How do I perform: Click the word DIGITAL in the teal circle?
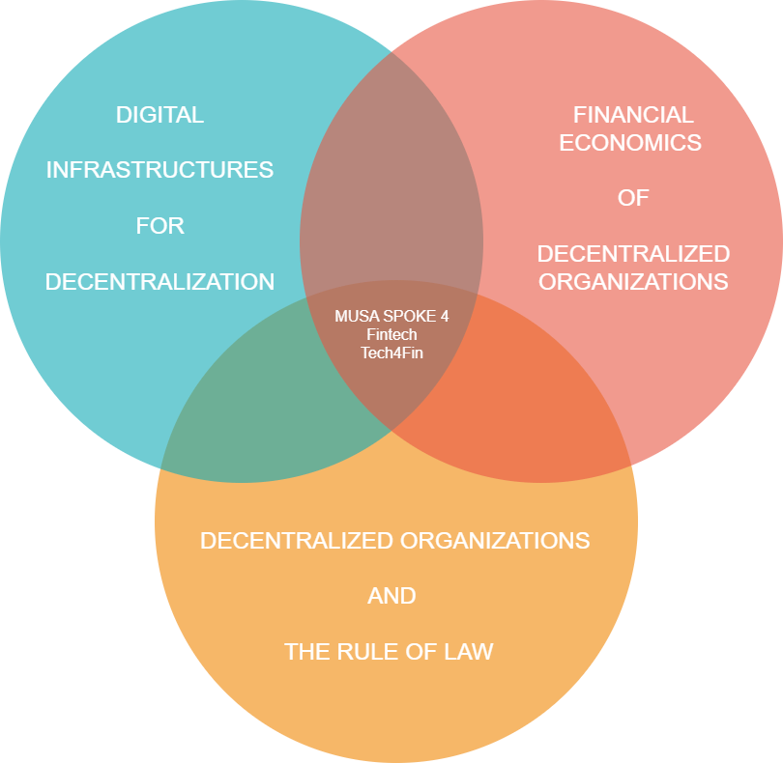[x=159, y=115]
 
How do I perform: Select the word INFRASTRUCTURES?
[x=159, y=171]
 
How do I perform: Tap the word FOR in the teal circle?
[x=159, y=226]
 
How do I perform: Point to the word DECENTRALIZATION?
[x=159, y=282]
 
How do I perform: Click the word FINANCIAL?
[x=633, y=115]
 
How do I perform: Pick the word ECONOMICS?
[x=633, y=143]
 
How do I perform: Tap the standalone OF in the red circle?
[x=633, y=198]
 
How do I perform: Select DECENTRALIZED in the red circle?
[x=633, y=254]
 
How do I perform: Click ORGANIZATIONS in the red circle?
[x=633, y=282]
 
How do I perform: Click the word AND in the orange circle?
[x=391, y=596]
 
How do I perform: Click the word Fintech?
[x=391, y=334]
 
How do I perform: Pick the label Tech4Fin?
[x=391, y=353]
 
